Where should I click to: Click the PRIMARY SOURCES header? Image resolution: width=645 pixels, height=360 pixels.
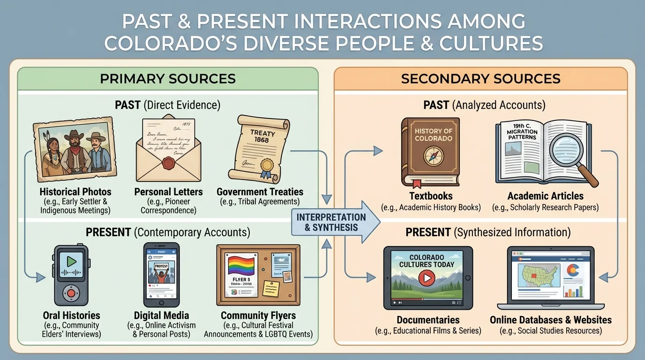[x=167, y=78]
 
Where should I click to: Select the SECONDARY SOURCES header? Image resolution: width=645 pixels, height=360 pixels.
[x=480, y=78]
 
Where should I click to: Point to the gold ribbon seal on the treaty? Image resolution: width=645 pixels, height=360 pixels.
[x=267, y=165]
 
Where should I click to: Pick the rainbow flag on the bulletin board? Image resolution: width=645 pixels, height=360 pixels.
[x=241, y=266]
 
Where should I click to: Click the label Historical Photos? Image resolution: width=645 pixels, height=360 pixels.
[x=75, y=192]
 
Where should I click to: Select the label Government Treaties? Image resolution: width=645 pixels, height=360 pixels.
[x=260, y=192]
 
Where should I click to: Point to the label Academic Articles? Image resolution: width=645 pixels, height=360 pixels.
[x=545, y=196]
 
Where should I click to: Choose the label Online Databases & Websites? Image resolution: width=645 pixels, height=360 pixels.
[x=550, y=320]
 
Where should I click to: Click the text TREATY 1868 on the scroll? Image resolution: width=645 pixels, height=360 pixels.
[x=262, y=136]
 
